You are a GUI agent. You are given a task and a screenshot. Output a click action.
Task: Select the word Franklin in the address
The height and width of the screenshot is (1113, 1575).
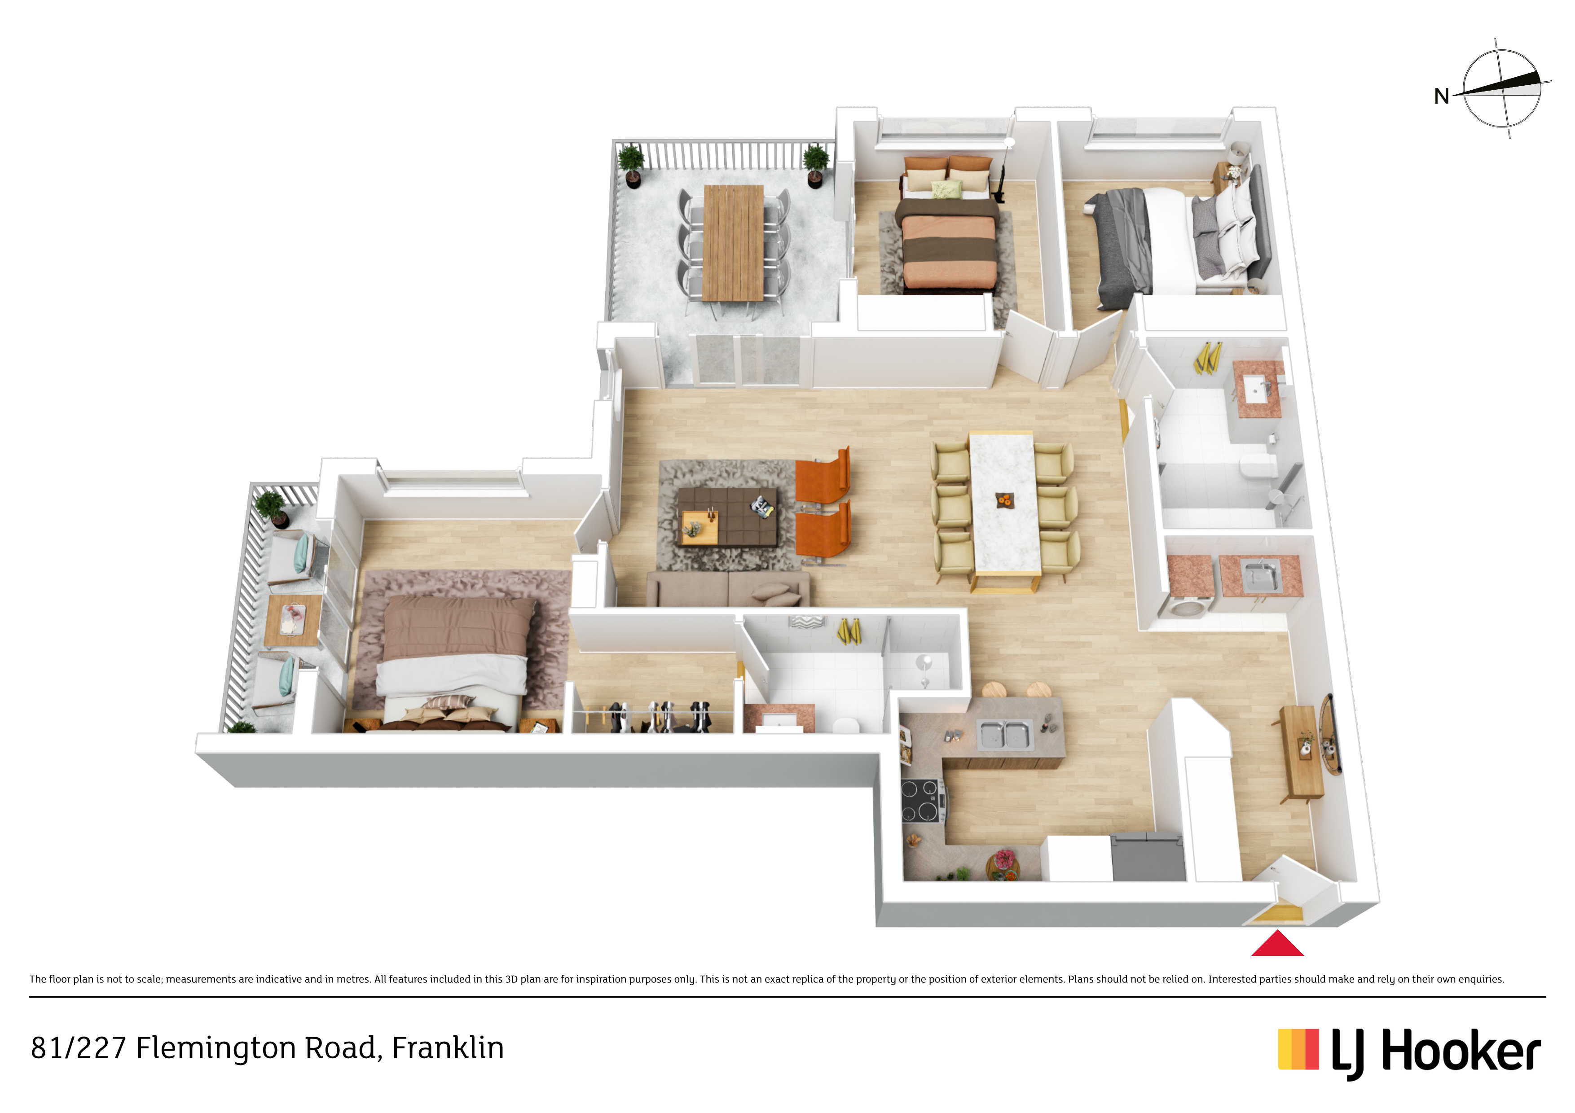tap(448, 1048)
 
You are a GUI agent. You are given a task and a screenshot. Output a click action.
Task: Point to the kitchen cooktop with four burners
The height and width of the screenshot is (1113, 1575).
tap(920, 800)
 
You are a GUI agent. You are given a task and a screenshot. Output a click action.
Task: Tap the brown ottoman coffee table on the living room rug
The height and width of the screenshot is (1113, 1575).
tap(727, 517)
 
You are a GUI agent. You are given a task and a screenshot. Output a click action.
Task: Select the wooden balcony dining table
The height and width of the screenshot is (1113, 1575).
tap(733, 243)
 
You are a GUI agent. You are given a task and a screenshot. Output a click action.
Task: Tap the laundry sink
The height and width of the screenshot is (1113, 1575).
tap(1259, 577)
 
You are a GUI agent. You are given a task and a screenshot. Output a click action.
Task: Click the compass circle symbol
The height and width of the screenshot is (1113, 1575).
tap(1502, 88)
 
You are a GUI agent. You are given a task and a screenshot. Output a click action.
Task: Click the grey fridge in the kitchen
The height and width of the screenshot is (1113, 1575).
tap(1148, 857)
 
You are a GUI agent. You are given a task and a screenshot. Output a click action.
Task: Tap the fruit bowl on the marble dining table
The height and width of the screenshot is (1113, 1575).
tap(1004, 500)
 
